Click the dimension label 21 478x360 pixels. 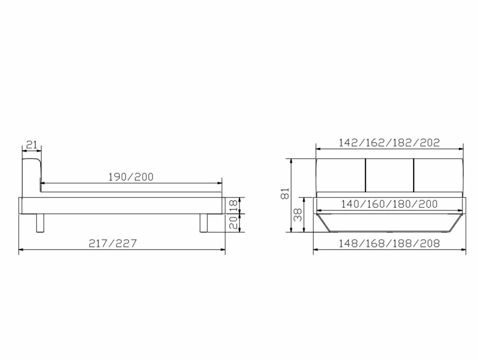(x=32, y=144)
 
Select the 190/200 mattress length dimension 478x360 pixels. (x=130, y=176)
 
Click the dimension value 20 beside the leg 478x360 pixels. (x=233, y=223)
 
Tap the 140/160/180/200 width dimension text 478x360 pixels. (x=389, y=204)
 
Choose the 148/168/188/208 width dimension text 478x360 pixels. (x=389, y=243)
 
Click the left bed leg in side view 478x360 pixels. (x=40, y=223)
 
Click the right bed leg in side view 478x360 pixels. (x=204, y=223)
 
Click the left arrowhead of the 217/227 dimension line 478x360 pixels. (x=21, y=250)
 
